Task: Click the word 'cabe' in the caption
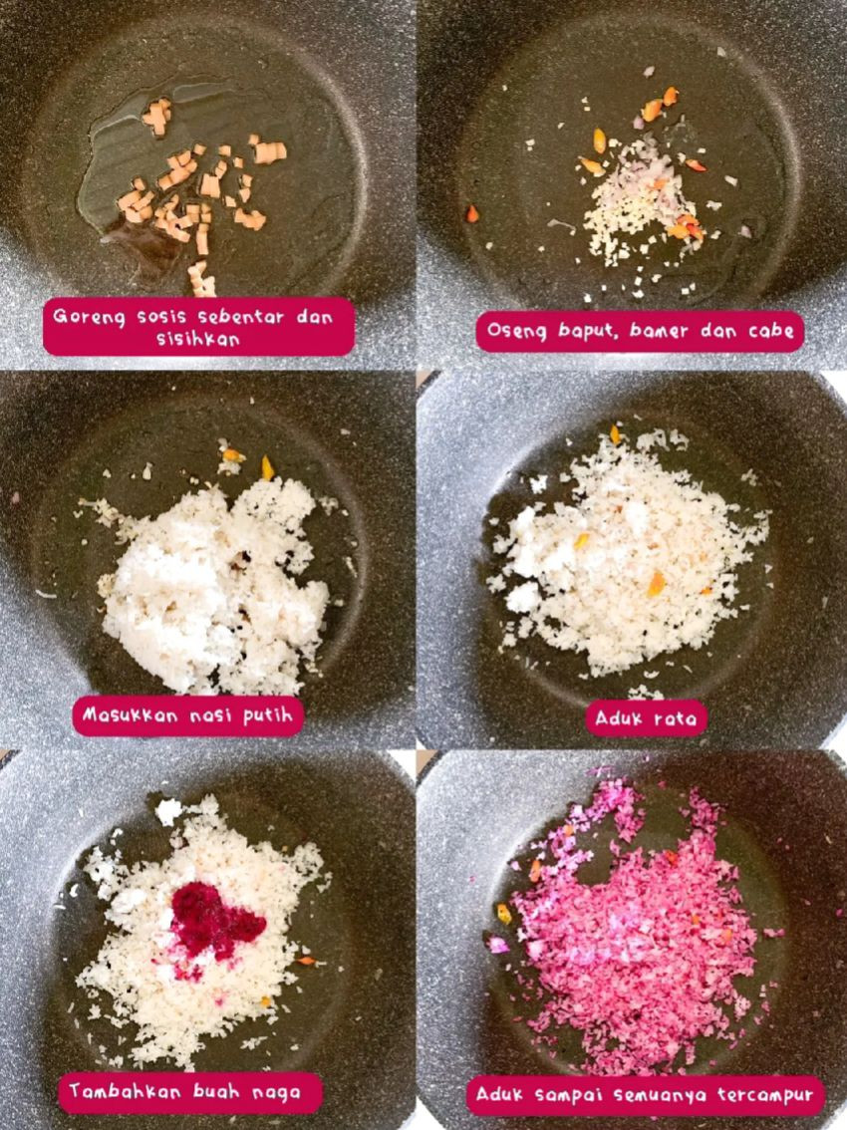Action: click(x=771, y=331)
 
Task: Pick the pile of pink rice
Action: click(x=638, y=932)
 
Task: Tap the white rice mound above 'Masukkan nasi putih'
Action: click(x=214, y=588)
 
